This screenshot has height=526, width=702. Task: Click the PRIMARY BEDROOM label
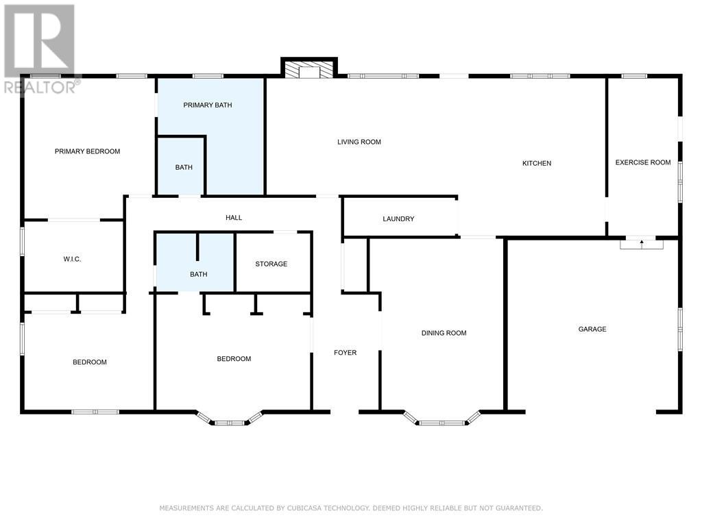point(87,151)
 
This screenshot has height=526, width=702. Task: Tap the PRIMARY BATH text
point(208,105)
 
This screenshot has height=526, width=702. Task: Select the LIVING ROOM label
point(359,142)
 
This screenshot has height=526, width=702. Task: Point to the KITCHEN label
point(537,163)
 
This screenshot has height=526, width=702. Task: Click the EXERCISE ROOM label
point(643,162)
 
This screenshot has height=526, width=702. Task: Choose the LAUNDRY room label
point(398,218)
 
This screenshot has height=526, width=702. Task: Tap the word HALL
point(234,218)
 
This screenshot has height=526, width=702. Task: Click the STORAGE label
point(271,264)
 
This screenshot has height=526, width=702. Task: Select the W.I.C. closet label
point(72,259)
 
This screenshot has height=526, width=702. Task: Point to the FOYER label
point(346,353)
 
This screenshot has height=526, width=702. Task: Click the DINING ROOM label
point(444,333)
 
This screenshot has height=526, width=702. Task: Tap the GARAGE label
point(592,329)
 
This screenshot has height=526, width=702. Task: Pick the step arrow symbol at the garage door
point(642,244)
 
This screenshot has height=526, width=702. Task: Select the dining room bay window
point(442,418)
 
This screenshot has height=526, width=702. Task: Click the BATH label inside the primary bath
point(184,167)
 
